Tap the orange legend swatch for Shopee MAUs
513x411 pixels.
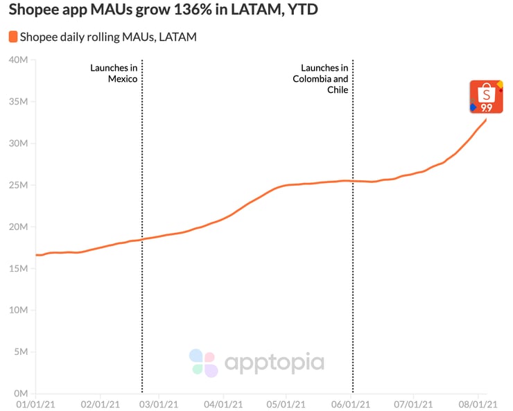(x=12, y=37)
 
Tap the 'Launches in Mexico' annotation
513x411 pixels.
(x=114, y=73)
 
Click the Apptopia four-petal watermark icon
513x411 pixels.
(x=204, y=362)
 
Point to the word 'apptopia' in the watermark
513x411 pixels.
(x=273, y=362)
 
